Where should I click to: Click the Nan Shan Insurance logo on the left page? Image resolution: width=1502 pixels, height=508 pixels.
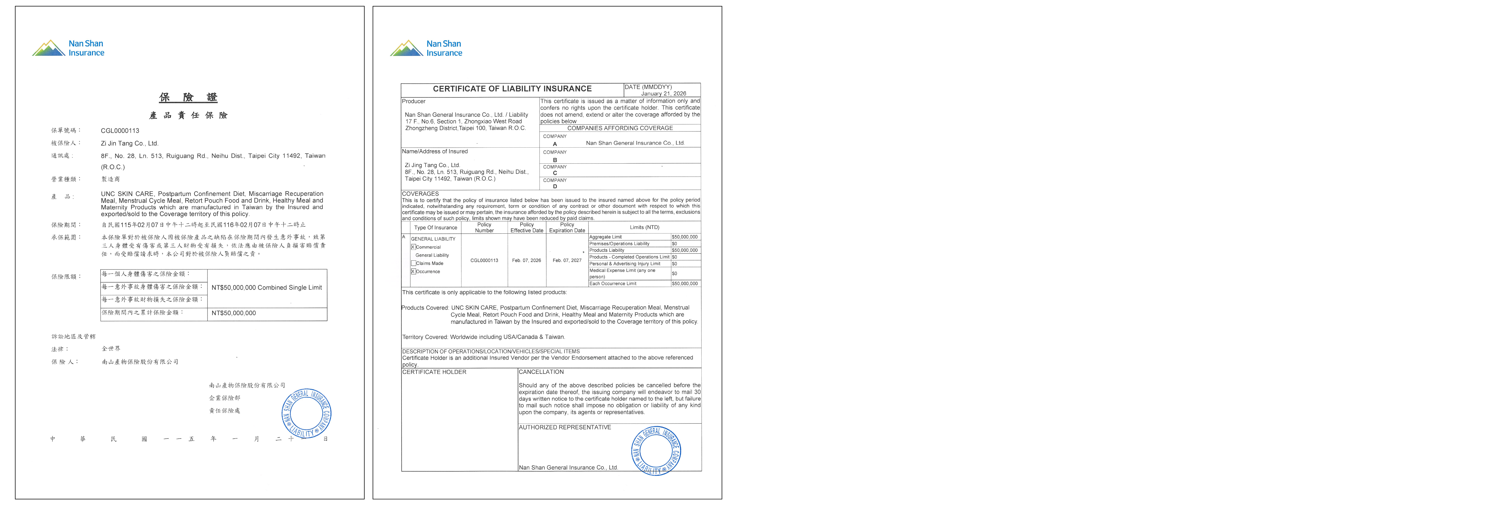coord(68,48)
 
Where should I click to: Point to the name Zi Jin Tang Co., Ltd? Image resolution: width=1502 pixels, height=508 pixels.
coord(129,143)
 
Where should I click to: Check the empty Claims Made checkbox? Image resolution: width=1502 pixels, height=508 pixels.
coord(413,263)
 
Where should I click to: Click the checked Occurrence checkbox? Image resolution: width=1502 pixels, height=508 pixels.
coord(413,272)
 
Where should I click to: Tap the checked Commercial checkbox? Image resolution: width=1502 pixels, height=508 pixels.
coord(413,247)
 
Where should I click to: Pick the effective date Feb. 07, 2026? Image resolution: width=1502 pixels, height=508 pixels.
coord(526,260)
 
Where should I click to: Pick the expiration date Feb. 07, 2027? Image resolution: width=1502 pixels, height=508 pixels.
coord(567,260)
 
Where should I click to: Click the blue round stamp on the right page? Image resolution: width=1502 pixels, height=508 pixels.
coord(656,450)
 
